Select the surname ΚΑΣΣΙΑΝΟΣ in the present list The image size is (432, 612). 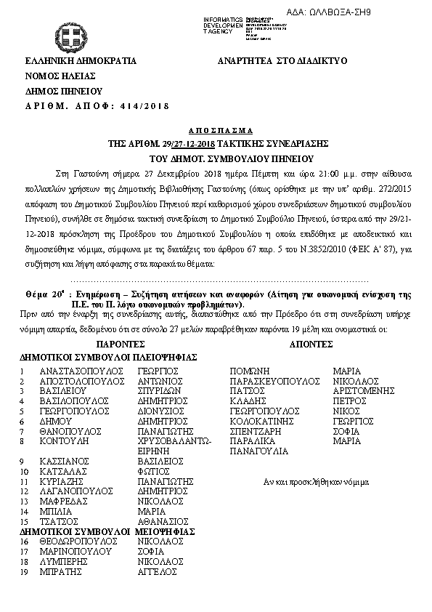pyautogui.click(x=65, y=461)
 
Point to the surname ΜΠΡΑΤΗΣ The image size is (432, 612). pyautogui.click(x=60, y=572)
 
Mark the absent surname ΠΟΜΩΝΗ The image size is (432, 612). pyautogui.click(x=250, y=370)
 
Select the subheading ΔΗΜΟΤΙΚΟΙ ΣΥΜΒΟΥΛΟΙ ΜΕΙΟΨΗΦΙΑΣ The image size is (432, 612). pyautogui.click(x=107, y=532)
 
